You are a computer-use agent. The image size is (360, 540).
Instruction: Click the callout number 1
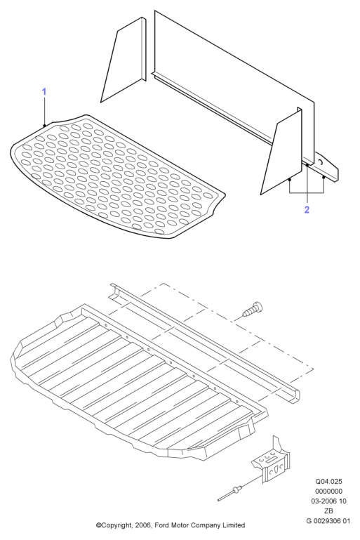click(44, 91)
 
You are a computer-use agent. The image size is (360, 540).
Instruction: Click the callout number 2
click(307, 209)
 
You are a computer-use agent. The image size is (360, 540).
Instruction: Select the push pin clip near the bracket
click(231, 492)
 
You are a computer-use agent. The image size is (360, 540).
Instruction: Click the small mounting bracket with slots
click(272, 461)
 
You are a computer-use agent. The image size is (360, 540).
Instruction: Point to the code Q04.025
click(328, 482)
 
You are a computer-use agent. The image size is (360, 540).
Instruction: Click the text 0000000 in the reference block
click(328, 491)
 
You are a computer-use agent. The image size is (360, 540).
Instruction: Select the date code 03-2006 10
click(328, 501)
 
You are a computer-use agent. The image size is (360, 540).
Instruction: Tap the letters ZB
click(328, 511)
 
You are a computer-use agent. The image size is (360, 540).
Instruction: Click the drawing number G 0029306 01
click(328, 521)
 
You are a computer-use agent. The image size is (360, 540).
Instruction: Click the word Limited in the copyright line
click(234, 525)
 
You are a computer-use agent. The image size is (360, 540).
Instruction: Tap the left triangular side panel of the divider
click(124, 62)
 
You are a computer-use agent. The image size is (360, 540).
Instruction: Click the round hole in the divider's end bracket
click(320, 162)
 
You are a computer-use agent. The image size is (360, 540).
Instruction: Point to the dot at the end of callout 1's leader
click(44, 126)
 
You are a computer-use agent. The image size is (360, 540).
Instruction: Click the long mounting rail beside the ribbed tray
click(204, 343)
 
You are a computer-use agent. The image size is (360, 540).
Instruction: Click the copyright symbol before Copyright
click(98, 525)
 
